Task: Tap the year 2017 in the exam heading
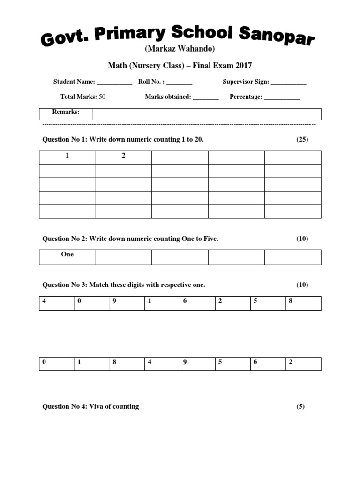point(244,65)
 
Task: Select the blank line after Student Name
point(114,82)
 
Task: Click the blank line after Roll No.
point(179,82)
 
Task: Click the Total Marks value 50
point(102,97)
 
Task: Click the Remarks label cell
point(66,112)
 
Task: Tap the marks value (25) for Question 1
point(302,140)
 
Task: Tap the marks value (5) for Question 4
point(300,406)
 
